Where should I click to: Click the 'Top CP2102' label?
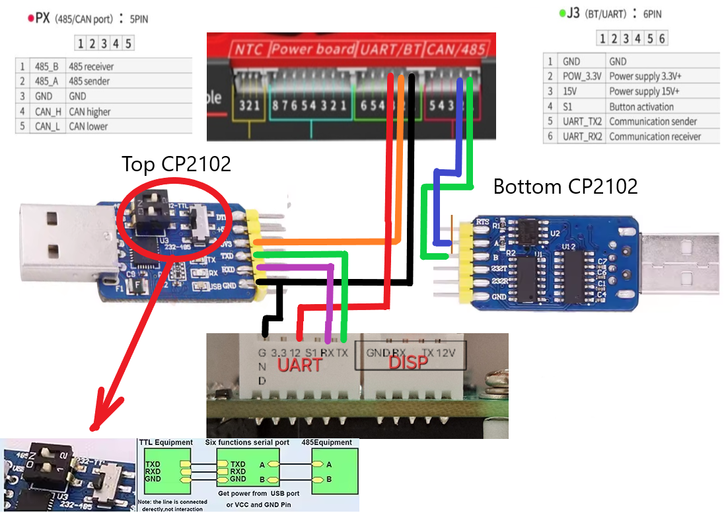tap(176, 163)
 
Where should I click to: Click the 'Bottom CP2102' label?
tap(565, 186)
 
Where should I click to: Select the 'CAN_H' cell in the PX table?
tap(48, 112)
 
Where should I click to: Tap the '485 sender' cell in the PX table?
tap(89, 81)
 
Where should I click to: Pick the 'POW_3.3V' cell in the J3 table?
tap(581, 76)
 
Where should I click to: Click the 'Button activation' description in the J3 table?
tap(641, 106)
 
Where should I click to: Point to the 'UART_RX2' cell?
tap(581, 137)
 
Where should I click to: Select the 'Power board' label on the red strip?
tap(312, 49)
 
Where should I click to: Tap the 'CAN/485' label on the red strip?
tap(457, 49)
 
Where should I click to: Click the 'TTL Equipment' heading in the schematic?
tap(166, 442)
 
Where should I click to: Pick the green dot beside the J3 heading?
tap(561, 13)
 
